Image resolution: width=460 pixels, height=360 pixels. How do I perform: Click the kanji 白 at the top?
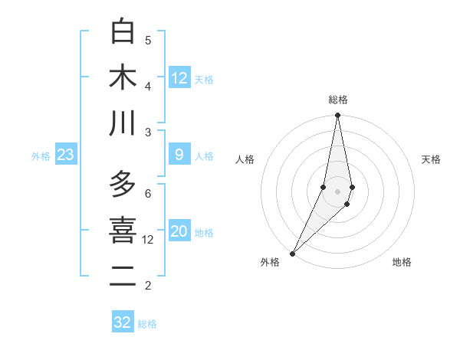coord(123,31)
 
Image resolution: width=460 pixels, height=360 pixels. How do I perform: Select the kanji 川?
coord(123,123)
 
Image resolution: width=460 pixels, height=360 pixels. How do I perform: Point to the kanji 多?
coord(123,185)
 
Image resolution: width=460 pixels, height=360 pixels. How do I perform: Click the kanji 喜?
coord(123,231)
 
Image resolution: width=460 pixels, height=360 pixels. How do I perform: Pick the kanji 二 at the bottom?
coord(123,277)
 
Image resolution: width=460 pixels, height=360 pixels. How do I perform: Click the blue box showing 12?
coord(179,78)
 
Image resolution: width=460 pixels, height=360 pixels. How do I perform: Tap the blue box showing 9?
coord(179,155)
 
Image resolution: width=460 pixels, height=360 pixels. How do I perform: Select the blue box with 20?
coord(179,232)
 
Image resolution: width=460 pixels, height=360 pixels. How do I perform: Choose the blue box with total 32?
coord(123,322)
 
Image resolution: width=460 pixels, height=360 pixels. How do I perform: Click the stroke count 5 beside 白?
coord(148,41)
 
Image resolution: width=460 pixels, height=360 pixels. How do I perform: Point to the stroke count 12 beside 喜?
coord(148,240)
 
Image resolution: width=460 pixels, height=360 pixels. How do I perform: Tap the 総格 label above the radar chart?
coord(338,100)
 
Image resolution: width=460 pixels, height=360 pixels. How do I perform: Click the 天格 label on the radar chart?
coord(432,159)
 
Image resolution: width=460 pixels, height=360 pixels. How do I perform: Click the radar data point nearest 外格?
coord(293,254)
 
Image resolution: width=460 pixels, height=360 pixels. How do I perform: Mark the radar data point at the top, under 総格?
coord(338,116)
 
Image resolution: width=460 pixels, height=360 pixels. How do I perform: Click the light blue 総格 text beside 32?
coord(147,324)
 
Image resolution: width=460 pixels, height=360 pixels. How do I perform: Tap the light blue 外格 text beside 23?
coord(41,156)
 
